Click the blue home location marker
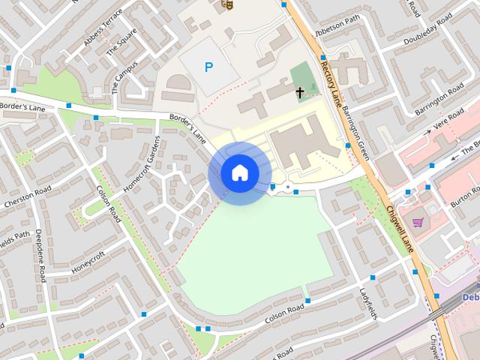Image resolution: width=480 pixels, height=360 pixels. (x=240, y=173)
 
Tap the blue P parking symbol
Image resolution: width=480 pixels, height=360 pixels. (x=209, y=67)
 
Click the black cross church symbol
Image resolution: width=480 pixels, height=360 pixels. (x=300, y=92)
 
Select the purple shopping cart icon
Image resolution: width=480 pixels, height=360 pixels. (x=418, y=222)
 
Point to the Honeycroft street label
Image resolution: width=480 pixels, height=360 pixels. (x=89, y=261)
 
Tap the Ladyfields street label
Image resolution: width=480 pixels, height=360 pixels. (x=366, y=303)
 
